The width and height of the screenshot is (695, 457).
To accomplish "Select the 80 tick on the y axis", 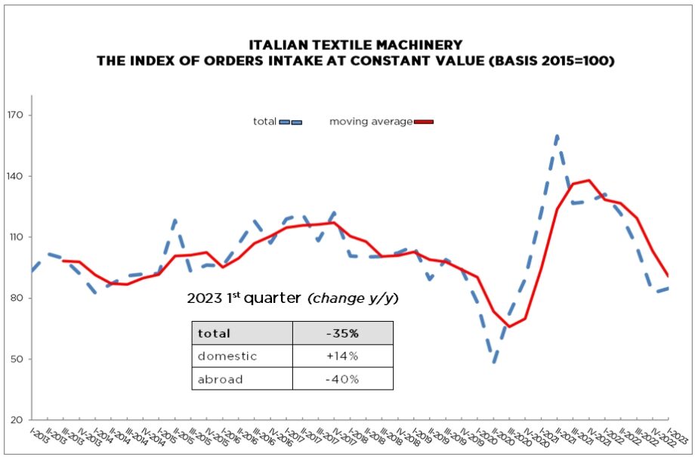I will pyautogui.click(x=18, y=298).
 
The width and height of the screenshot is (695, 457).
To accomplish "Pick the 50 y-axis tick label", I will pyautogui.click(x=18, y=359).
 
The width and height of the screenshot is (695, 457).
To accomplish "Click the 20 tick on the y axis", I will pyautogui.click(x=18, y=420).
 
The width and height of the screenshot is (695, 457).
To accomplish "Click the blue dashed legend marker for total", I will pyautogui.click(x=291, y=122).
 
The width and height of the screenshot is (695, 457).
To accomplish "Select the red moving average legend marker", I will pyautogui.click(x=423, y=122).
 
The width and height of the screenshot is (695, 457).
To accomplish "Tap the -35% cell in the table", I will pyautogui.click(x=342, y=333).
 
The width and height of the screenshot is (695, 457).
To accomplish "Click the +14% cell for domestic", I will pyautogui.click(x=342, y=356).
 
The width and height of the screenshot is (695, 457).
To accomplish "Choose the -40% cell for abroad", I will pyautogui.click(x=342, y=379).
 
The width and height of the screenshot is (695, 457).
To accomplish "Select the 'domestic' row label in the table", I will pyautogui.click(x=227, y=356).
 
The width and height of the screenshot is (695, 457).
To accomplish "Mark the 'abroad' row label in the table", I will pyautogui.click(x=221, y=379).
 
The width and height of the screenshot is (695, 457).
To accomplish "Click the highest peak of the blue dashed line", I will pyautogui.click(x=557, y=137).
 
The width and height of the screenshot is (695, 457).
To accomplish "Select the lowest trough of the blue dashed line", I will pyautogui.click(x=495, y=362).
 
